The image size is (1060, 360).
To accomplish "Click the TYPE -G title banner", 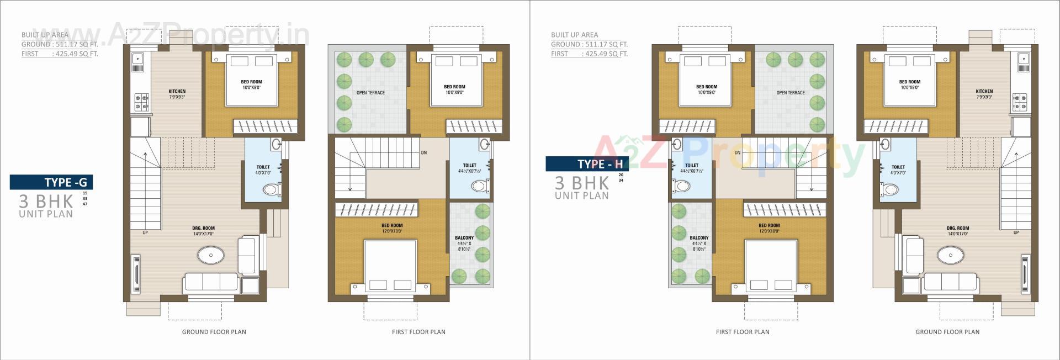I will tap(51, 182).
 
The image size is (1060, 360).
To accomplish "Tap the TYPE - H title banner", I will tap(587, 164).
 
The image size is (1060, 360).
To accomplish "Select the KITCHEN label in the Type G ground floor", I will tap(177, 92).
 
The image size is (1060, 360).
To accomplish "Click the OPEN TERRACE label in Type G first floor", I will tap(370, 93).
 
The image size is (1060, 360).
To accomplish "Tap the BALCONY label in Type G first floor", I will tap(464, 238).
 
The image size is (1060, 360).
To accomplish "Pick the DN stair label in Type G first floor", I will tap(423, 152).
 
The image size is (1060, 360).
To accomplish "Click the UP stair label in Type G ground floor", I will tap(145, 232).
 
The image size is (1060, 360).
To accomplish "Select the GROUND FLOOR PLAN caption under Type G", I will tap(214, 332).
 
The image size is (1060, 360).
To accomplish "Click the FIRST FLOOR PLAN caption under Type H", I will tap(743, 332).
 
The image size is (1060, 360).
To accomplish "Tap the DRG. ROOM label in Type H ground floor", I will tap(958, 228).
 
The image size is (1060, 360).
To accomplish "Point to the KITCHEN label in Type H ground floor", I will tap(984, 92).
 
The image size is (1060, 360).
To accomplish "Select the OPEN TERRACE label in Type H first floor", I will tap(791, 93).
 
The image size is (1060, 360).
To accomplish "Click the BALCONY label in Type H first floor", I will tap(699, 238).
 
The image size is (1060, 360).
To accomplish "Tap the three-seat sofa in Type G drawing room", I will tap(211, 282).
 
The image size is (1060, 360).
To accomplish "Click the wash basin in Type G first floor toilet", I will tap(485, 145).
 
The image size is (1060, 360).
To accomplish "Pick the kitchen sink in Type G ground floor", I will tap(137, 58).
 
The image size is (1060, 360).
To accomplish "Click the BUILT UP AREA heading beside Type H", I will tap(574, 35).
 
